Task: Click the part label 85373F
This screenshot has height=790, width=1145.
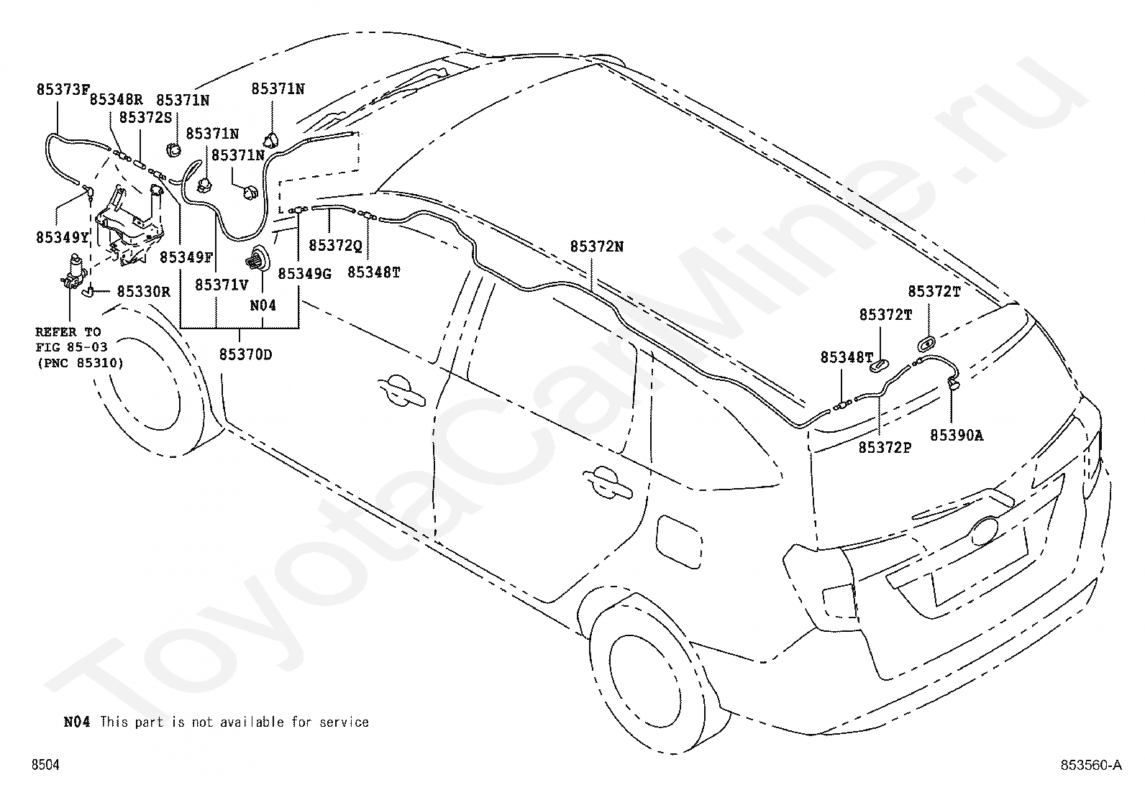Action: point(63,89)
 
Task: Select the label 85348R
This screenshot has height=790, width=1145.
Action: point(116,99)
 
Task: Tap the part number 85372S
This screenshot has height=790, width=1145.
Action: point(146,117)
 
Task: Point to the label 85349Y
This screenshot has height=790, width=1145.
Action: point(63,237)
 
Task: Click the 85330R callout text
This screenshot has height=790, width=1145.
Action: point(144,291)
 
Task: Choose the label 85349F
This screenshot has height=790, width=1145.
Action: point(186,257)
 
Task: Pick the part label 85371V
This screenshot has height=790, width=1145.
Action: point(222,285)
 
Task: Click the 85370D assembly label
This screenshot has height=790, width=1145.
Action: point(246,354)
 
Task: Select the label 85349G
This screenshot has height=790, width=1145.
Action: point(305,274)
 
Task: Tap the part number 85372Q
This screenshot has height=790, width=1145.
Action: point(335,246)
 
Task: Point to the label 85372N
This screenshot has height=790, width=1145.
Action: point(596,247)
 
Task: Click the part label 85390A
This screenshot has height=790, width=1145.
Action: point(957,436)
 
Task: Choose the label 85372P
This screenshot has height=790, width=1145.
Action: point(885,448)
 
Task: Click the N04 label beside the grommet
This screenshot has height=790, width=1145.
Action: point(263,306)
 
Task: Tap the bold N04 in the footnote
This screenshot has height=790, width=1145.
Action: point(77,722)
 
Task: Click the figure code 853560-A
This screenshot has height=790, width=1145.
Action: point(1091,764)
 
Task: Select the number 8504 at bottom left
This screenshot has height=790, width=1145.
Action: point(45,764)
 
